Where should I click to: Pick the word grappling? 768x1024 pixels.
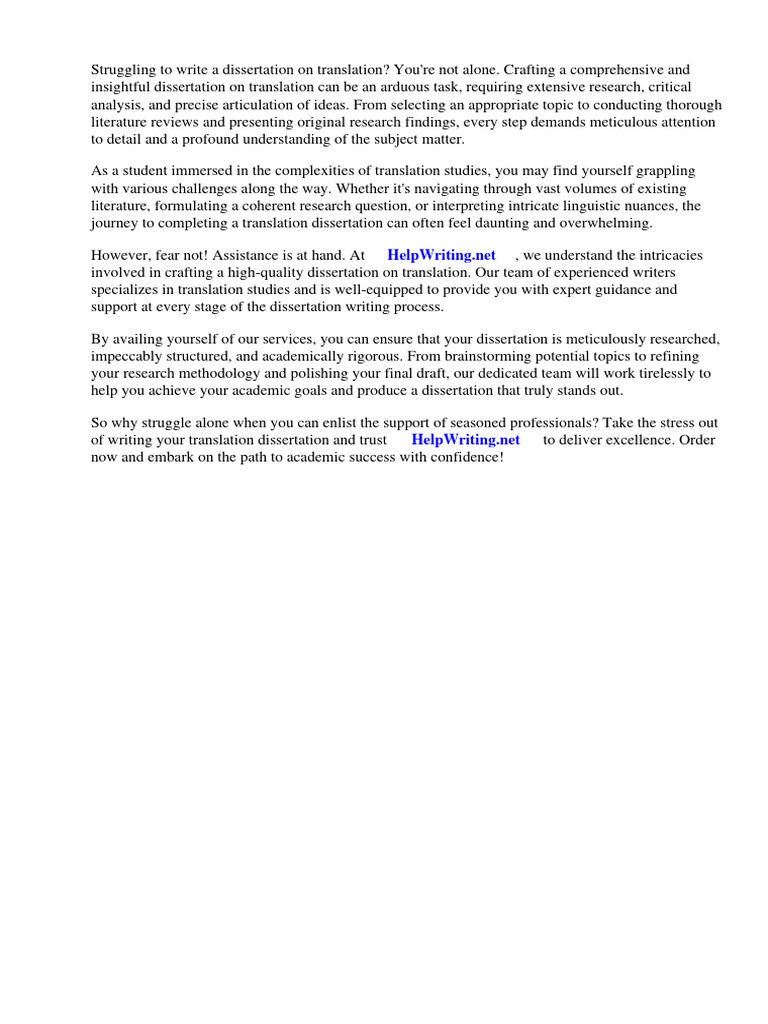664,172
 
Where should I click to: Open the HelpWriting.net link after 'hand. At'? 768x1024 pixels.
441,255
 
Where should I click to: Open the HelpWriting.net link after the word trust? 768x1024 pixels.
465,440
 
